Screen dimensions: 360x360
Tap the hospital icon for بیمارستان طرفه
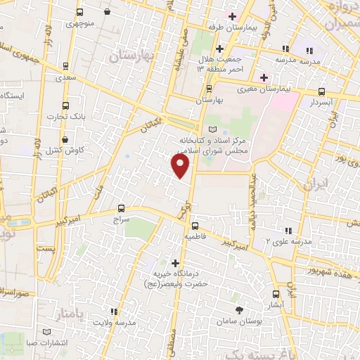pos(231,15)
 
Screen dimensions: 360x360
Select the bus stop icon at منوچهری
pos(79,13)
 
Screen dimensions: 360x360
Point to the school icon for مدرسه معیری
pos(286,49)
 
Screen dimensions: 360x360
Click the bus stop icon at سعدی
pos(65,67)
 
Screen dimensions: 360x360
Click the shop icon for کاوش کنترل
pos(65,139)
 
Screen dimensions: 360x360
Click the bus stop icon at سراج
pos(122,208)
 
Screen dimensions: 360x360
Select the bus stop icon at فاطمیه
pos(194,226)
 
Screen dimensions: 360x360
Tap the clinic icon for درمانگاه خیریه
pos(176,263)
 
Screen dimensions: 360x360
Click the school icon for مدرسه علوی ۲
pos(287,231)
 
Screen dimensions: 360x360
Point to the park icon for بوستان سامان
pos(240,309)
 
